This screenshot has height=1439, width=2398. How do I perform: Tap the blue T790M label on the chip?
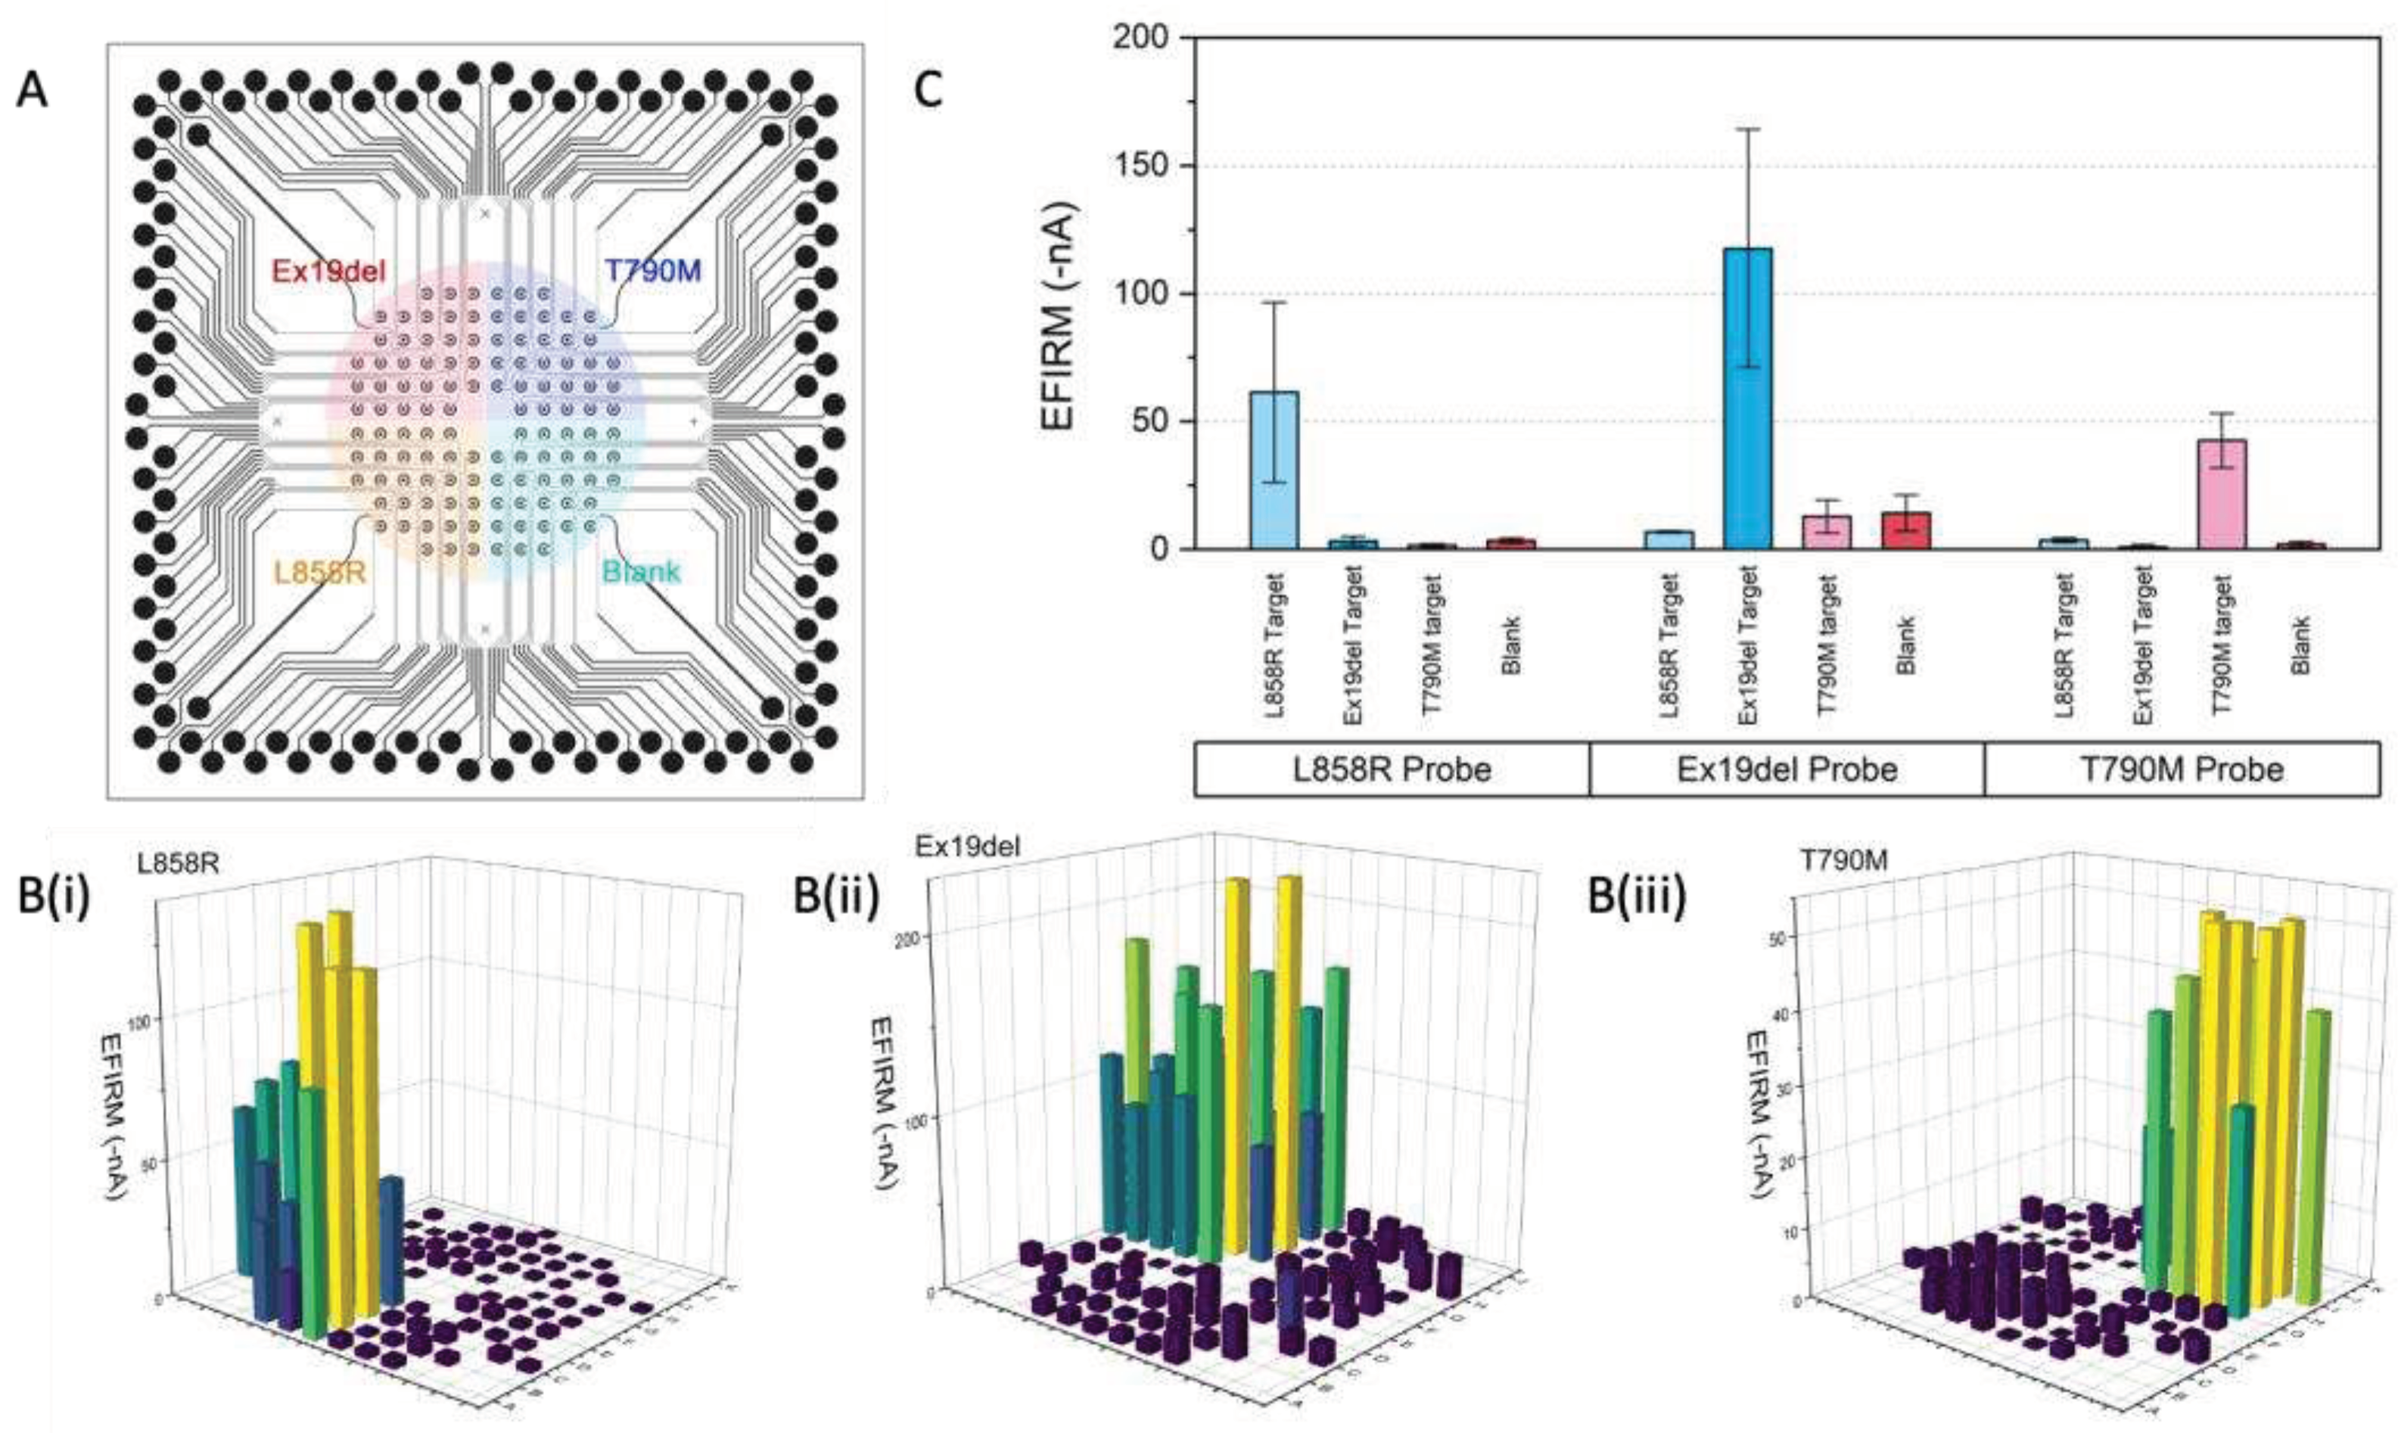652,272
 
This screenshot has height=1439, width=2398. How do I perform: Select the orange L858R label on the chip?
319,573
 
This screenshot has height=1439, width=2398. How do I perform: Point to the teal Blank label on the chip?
641,572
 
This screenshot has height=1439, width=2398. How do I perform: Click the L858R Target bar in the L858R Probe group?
1274,471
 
